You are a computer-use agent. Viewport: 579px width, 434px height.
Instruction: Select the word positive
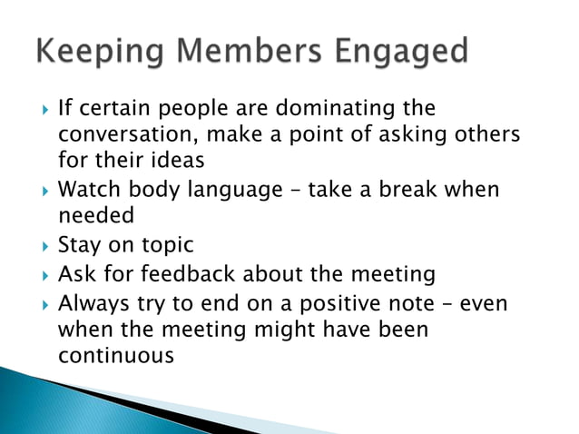tap(338, 302)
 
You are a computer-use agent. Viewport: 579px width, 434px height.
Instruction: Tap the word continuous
tap(115, 355)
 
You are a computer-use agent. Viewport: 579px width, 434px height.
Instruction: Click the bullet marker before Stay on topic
tap(40, 246)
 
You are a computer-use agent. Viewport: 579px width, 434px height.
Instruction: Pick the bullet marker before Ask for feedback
tap(40, 273)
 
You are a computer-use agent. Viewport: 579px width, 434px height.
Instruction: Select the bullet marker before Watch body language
tap(40, 192)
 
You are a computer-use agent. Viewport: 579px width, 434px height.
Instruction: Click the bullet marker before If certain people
tap(40, 109)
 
